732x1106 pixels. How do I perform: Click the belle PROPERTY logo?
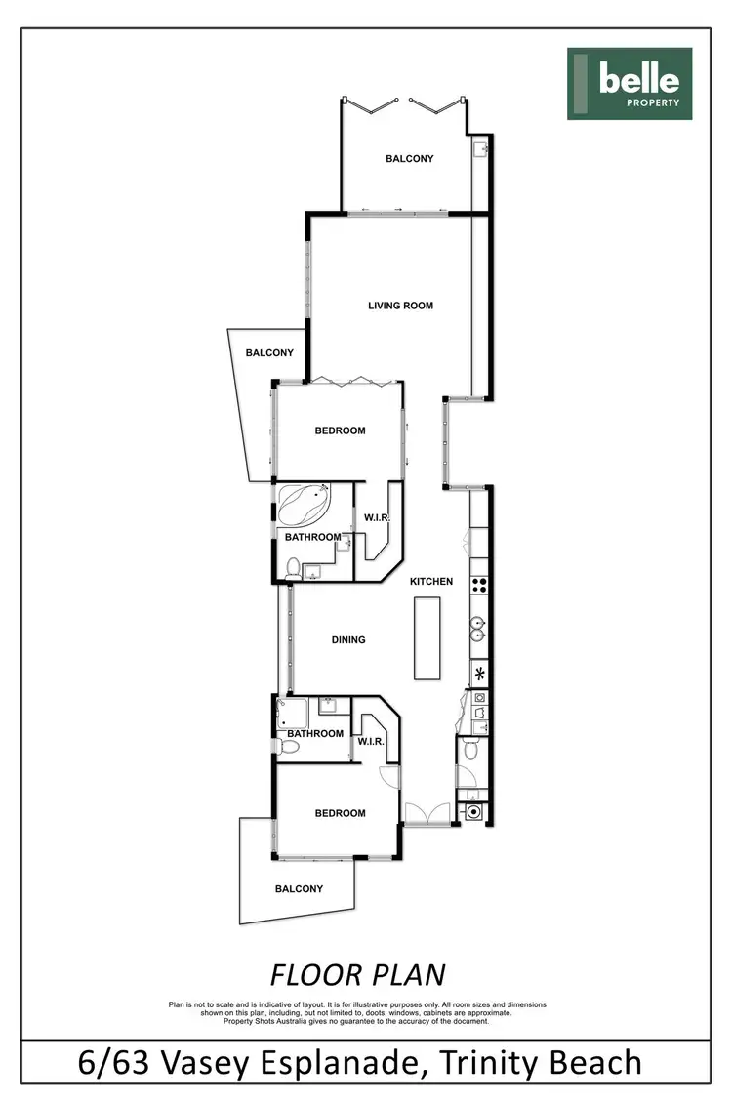pos(630,84)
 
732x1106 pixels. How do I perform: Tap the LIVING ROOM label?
pos(400,306)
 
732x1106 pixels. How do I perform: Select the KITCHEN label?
pos(431,582)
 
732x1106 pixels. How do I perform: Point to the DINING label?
pos(348,640)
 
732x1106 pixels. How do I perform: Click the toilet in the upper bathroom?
pos(294,566)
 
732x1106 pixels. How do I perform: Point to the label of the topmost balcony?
pos(410,158)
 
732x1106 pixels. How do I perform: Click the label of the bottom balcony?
pos(299,889)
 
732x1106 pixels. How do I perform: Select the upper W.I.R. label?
pos(378,517)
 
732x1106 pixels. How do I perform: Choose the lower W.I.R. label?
pos(371,741)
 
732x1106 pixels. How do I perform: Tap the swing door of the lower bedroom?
pos(389,777)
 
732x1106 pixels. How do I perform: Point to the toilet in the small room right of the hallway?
pos(470,751)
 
